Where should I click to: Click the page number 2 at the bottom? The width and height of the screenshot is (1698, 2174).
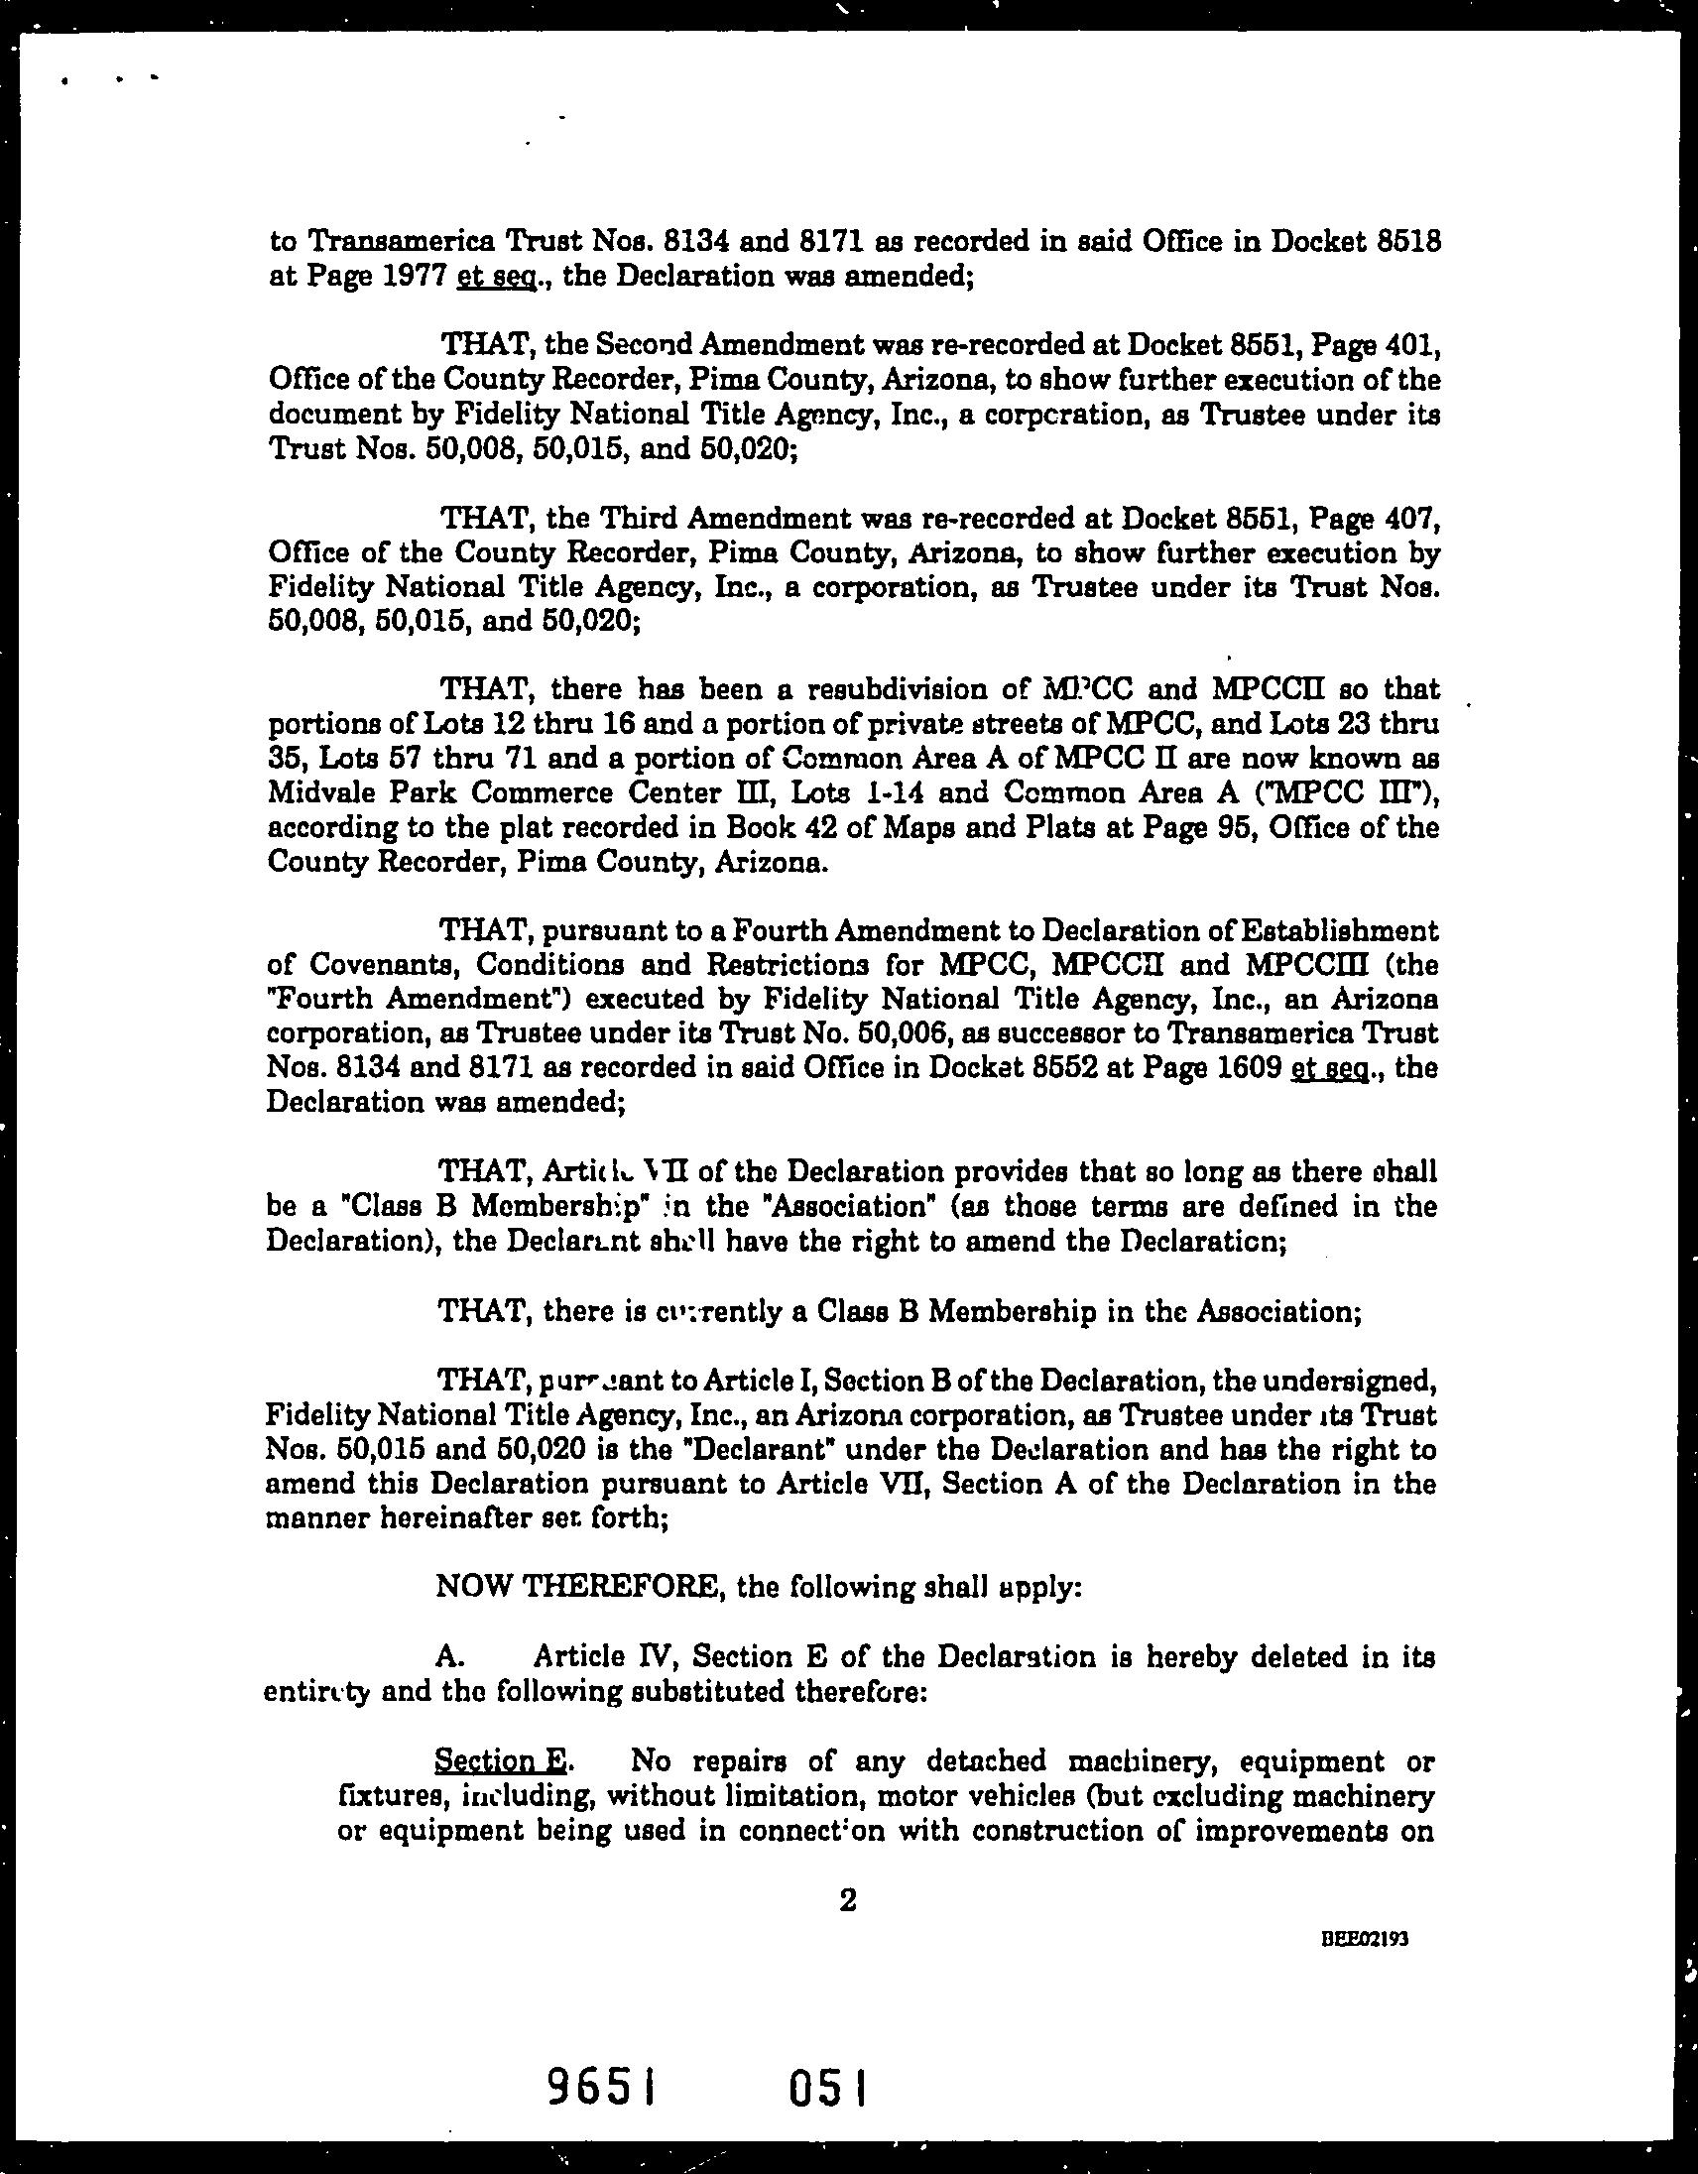pyautogui.click(x=848, y=1901)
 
